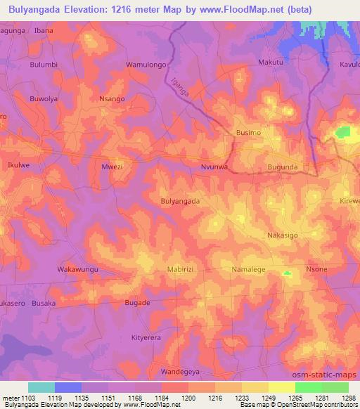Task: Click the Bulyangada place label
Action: pos(180,201)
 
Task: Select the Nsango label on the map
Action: pos(112,99)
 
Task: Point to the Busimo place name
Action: pos(247,132)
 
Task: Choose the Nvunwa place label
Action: pos(215,167)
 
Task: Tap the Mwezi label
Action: pos(112,167)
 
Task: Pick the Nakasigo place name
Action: pos(284,235)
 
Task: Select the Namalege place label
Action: pos(250,269)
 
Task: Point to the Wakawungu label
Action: pos(77,269)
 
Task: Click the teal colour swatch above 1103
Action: pos(41,387)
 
